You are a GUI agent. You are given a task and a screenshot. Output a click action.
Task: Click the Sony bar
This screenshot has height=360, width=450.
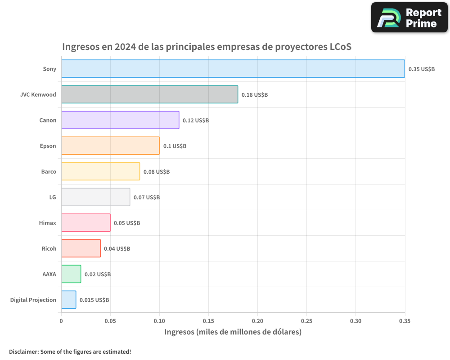coord(233,69)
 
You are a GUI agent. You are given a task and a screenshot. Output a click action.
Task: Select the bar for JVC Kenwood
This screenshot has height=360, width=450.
coord(149,94)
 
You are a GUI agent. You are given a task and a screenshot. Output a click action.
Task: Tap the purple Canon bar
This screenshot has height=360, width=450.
coord(120,120)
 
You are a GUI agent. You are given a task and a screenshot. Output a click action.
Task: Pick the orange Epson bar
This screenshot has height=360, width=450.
coord(110,146)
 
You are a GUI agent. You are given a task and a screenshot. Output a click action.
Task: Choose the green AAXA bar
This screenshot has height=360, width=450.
coord(71,274)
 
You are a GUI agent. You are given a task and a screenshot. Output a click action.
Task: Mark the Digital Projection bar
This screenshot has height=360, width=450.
coord(69,300)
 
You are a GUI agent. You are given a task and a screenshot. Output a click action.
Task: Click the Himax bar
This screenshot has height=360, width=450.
coord(86,223)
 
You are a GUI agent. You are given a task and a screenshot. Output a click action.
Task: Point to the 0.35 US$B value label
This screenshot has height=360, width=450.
coord(421,69)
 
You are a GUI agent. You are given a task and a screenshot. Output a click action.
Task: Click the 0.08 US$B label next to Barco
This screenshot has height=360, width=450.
coord(157,172)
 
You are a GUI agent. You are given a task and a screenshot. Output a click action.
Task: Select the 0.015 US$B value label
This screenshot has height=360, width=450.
coord(94,300)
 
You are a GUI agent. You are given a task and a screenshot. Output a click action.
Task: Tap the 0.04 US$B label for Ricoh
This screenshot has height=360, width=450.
coord(117,249)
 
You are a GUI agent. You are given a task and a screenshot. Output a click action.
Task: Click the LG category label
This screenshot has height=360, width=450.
coord(53,197)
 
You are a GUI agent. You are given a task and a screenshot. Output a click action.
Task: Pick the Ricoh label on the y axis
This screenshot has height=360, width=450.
coord(49,248)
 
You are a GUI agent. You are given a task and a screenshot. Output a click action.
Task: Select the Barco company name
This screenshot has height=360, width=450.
coord(49,171)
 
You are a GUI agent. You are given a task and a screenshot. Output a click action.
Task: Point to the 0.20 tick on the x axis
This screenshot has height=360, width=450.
coord(257,321)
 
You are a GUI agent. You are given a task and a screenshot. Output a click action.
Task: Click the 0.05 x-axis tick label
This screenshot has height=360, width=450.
coord(110,321)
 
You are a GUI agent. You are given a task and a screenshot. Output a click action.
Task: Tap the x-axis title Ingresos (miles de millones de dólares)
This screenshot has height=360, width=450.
coord(233,332)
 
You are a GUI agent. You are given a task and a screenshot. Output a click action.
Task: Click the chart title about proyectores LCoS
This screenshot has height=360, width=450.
coord(207,47)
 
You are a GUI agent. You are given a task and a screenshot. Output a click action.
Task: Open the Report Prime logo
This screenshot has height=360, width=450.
coord(409,18)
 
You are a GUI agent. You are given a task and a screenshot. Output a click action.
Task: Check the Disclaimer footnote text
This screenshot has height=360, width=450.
coord(70,351)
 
